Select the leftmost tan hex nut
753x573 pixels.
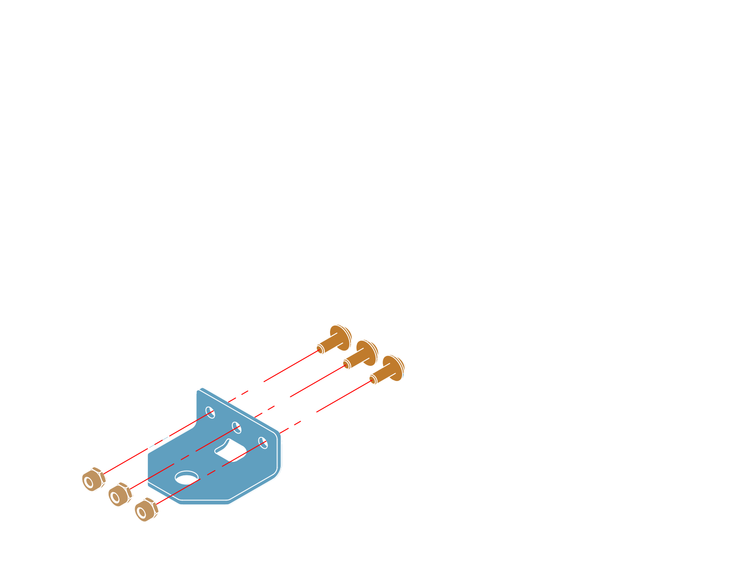[x=93, y=479]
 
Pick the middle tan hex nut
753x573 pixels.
[x=119, y=494]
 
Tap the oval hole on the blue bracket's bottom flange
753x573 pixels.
[x=187, y=477]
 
